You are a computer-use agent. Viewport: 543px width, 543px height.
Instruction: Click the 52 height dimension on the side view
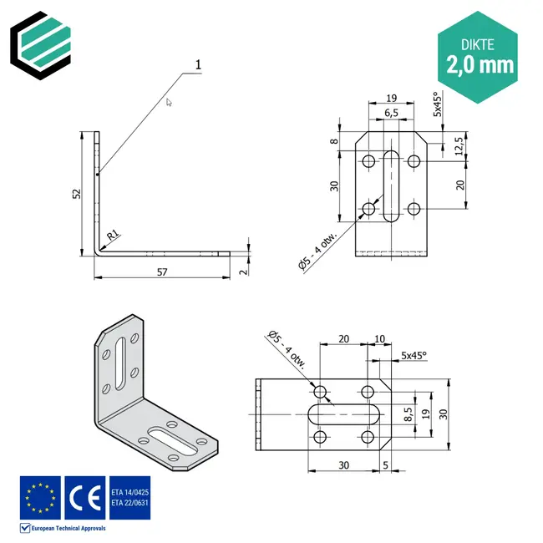coord(77,193)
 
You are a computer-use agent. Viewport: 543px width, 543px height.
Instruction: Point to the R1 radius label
coord(110,237)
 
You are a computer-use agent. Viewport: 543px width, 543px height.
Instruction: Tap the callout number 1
coord(198,64)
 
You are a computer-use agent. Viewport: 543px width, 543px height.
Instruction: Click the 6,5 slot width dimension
coord(392,113)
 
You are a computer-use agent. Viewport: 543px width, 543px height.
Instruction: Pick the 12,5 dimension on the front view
coord(458,145)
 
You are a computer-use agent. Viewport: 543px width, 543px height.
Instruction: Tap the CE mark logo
coord(84,496)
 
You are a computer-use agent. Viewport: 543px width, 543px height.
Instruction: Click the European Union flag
coord(40,496)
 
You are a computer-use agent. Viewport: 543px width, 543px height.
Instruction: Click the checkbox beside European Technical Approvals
coord(25,528)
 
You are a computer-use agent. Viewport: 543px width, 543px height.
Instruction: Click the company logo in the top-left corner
coord(42,40)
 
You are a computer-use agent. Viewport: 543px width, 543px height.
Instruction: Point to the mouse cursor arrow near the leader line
coord(169,102)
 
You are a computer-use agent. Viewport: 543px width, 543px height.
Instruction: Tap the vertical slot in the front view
coord(391,185)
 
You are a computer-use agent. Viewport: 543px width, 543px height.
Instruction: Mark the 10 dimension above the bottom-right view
coord(380,339)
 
